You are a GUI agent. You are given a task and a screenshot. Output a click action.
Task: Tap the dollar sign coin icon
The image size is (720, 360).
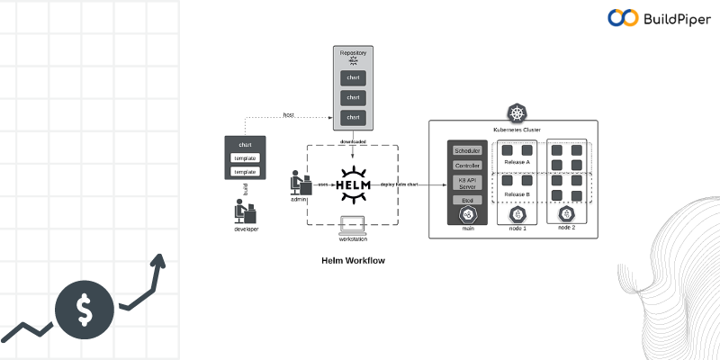84,309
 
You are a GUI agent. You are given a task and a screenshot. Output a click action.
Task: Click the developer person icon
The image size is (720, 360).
244,211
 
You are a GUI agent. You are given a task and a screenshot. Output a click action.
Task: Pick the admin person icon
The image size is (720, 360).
299,184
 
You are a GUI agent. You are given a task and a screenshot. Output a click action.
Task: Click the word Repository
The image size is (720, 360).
353,54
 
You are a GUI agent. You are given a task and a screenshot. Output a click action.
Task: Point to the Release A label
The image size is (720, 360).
517,162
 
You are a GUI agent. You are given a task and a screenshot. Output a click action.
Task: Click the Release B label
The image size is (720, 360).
517,194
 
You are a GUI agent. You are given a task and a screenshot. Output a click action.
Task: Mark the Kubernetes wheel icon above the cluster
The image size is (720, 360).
517,114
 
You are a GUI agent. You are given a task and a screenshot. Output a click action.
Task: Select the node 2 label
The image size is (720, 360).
566,228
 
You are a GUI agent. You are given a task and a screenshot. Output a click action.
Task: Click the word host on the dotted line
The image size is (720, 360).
288,115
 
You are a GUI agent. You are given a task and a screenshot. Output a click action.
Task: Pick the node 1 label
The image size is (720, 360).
517,229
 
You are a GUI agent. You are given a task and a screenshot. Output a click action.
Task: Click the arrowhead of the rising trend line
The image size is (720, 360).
160,260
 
